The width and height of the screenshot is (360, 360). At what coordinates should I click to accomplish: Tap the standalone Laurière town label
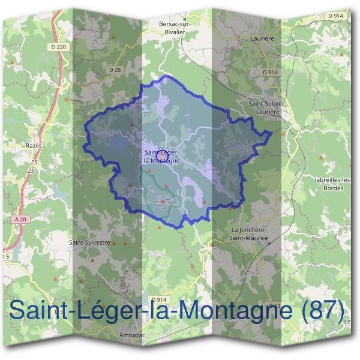pos(260,38)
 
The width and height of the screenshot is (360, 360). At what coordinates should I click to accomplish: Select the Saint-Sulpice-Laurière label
pos(268,107)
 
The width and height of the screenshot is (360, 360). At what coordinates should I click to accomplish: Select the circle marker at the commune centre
pos(161,154)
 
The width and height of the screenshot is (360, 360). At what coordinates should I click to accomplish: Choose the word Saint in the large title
pos(39,311)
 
